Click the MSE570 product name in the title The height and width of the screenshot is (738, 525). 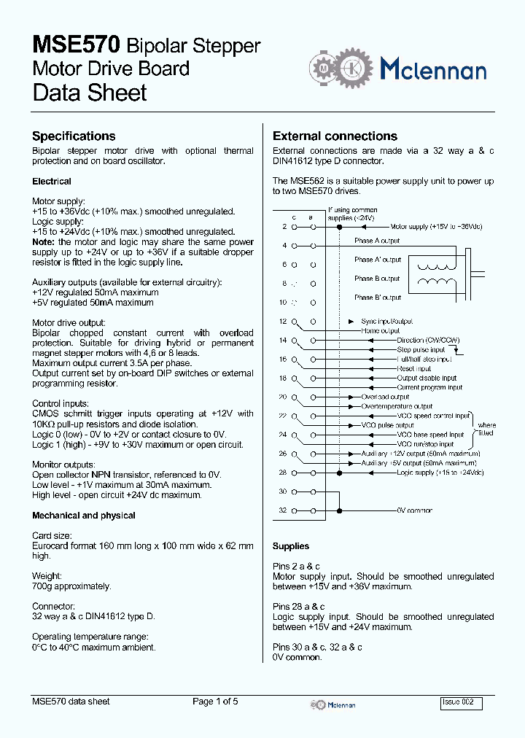[76, 45]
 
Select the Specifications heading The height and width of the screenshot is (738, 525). [74, 136]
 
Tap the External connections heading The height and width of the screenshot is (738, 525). [335, 136]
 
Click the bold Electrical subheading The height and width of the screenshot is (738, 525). [52, 182]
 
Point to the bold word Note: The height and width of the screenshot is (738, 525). [44, 241]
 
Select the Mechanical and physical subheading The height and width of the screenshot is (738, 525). [84, 516]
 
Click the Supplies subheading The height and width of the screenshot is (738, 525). [291, 546]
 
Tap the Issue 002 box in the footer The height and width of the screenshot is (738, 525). [461, 702]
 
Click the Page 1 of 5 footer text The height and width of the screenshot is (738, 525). [215, 702]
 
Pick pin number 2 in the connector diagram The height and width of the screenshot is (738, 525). [284, 227]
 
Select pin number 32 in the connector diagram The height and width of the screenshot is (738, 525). [283, 510]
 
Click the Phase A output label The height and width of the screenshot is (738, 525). [377, 241]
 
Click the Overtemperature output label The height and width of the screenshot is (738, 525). [397, 406]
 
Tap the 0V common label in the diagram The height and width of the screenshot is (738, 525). [415, 510]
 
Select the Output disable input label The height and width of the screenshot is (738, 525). [427, 378]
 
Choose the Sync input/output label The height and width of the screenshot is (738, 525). [386, 321]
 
